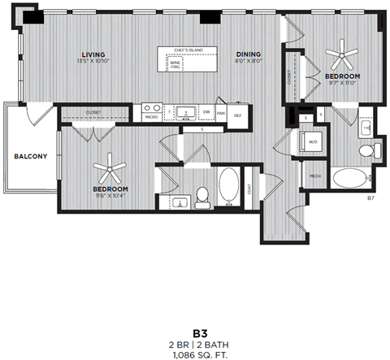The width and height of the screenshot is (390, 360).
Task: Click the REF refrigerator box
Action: point(238,115)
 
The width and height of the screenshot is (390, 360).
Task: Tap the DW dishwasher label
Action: point(207,112)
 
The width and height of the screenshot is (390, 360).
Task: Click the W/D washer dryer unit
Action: point(312,142)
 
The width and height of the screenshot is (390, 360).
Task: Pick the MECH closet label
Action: point(314,176)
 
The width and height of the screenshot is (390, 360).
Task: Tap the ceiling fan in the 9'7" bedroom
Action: point(340,56)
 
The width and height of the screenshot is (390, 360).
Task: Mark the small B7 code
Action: point(370,197)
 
